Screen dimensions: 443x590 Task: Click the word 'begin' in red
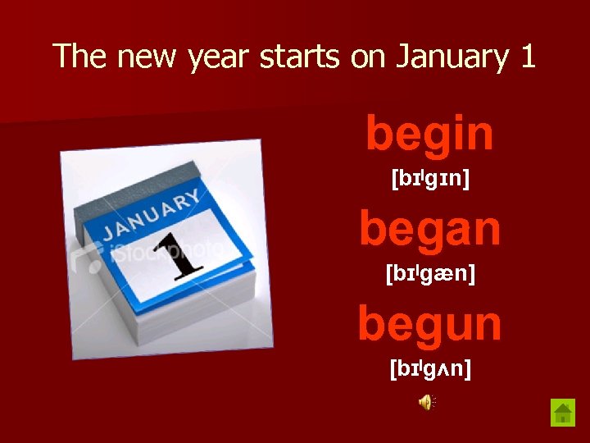click(x=429, y=135)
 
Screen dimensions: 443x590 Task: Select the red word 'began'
click(x=429, y=229)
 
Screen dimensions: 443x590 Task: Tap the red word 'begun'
click(x=429, y=324)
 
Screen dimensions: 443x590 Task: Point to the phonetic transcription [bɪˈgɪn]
click(x=430, y=178)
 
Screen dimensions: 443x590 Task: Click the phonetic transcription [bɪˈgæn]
click(x=430, y=273)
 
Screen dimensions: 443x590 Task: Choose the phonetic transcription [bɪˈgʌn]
click(x=430, y=368)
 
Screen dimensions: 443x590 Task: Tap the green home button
click(x=563, y=412)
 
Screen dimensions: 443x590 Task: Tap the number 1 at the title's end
click(x=527, y=57)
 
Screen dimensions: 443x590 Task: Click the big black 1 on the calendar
click(x=179, y=252)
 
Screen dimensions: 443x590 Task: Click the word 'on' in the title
click(x=369, y=57)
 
